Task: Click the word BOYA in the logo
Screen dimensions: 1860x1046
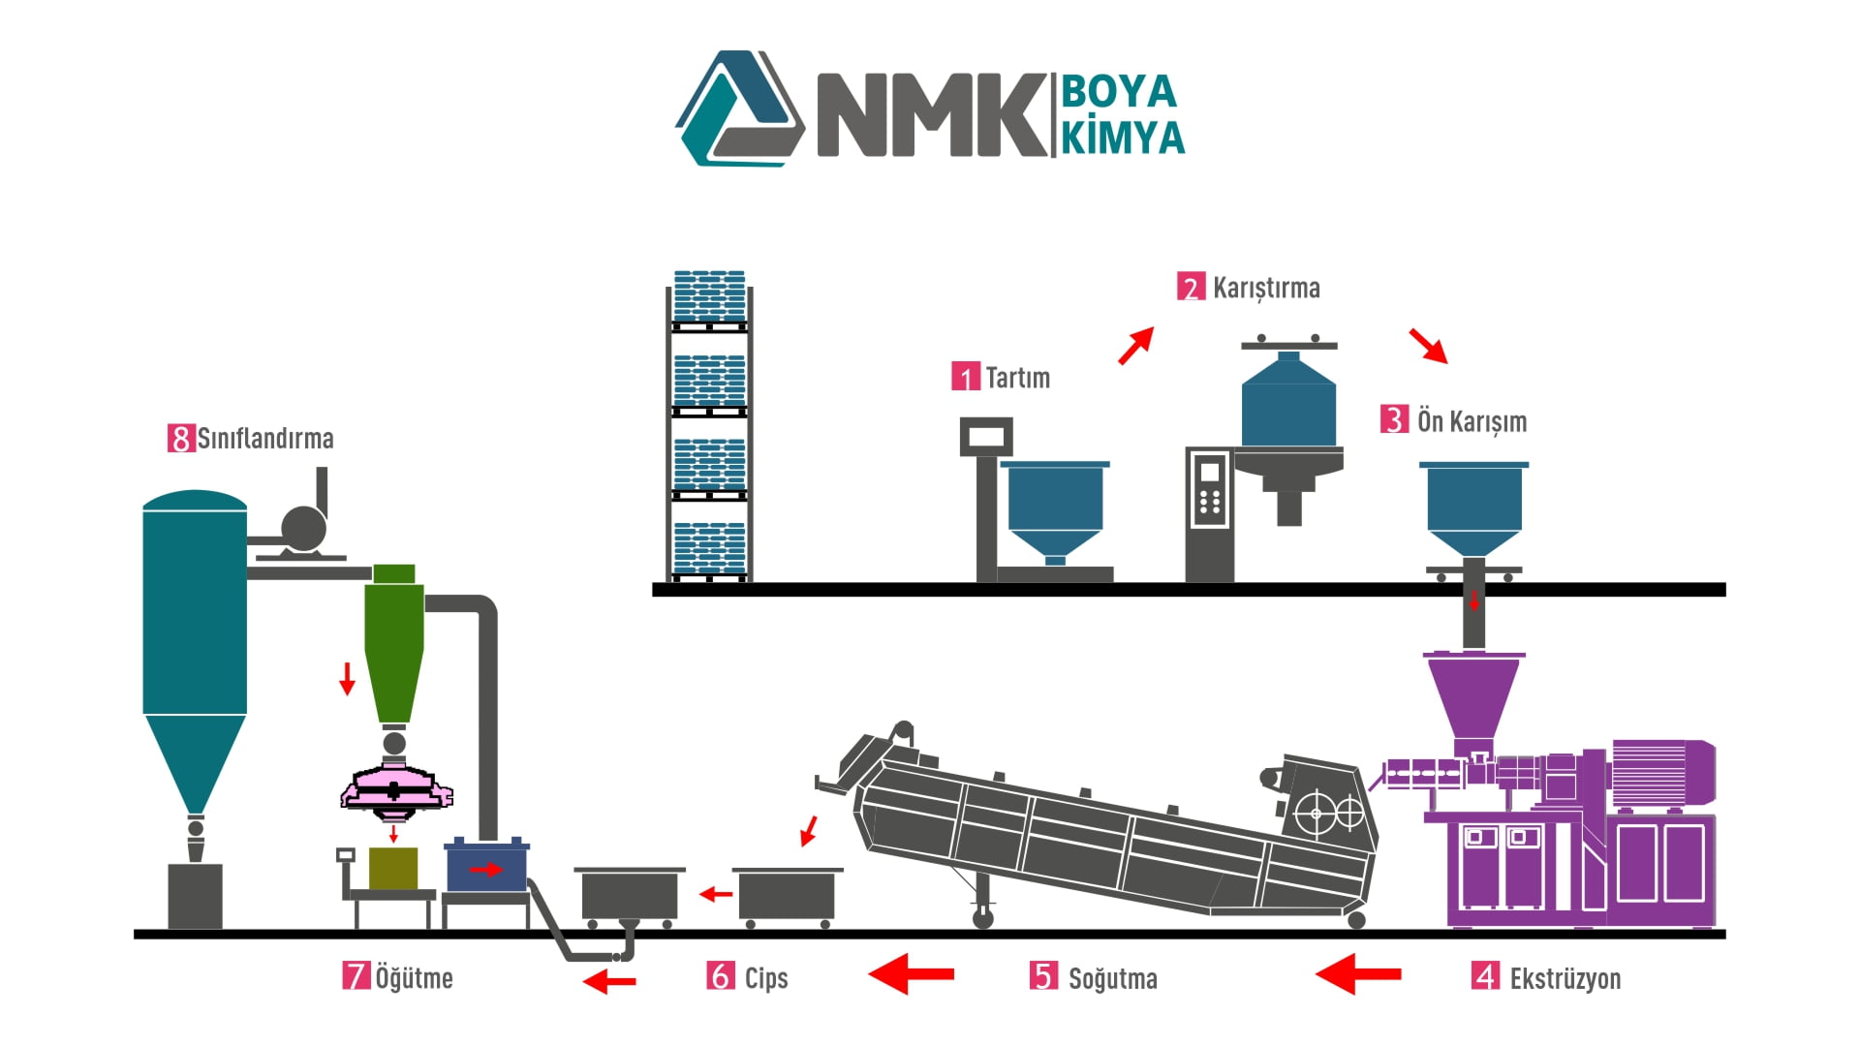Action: (x=1119, y=92)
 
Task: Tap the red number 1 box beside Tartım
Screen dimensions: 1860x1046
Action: (x=966, y=377)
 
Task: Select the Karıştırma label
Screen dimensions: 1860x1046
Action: (x=1266, y=289)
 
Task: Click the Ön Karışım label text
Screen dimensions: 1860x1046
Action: (x=1472, y=421)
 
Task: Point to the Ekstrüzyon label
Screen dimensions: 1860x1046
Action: (x=1565, y=978)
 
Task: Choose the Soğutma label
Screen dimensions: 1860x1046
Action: (x=1112, y=978)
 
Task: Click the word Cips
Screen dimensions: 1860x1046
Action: (x=766, y=978)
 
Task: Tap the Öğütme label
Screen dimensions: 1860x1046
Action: (x=414, y=977)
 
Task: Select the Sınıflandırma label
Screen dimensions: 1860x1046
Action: (x=265, y=439)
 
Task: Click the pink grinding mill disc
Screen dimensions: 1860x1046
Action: (x=397, y=787)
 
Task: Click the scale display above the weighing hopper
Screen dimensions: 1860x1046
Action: (x=986, y=437)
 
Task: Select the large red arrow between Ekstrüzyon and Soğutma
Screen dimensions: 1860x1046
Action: (x=1357, y=973)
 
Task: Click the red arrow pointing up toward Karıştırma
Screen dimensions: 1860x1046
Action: (x=1136, y=345)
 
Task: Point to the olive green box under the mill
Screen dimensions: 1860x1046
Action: (x=393, y=869)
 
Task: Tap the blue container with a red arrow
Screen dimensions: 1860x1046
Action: (x=486, y=866)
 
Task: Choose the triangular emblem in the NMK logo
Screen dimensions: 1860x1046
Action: (x=739, y=108)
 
